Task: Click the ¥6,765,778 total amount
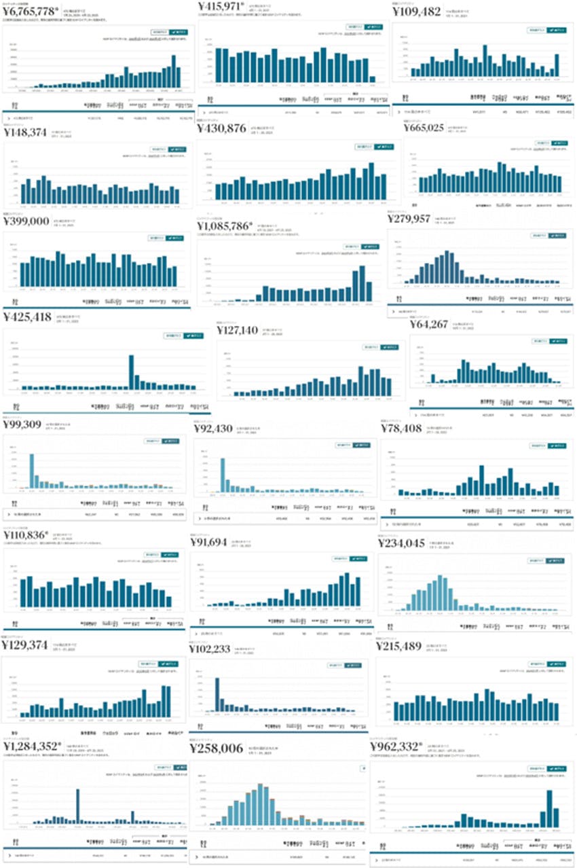coord(30,12)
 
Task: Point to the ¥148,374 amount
coord(26,132)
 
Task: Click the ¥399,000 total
coord(26,221)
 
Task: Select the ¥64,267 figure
coord(429,325)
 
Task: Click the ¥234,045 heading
coord(401,543)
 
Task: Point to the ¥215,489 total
coord(400,646)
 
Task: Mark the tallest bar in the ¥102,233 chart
coord(217,694)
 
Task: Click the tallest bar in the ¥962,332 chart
coord(549,808)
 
